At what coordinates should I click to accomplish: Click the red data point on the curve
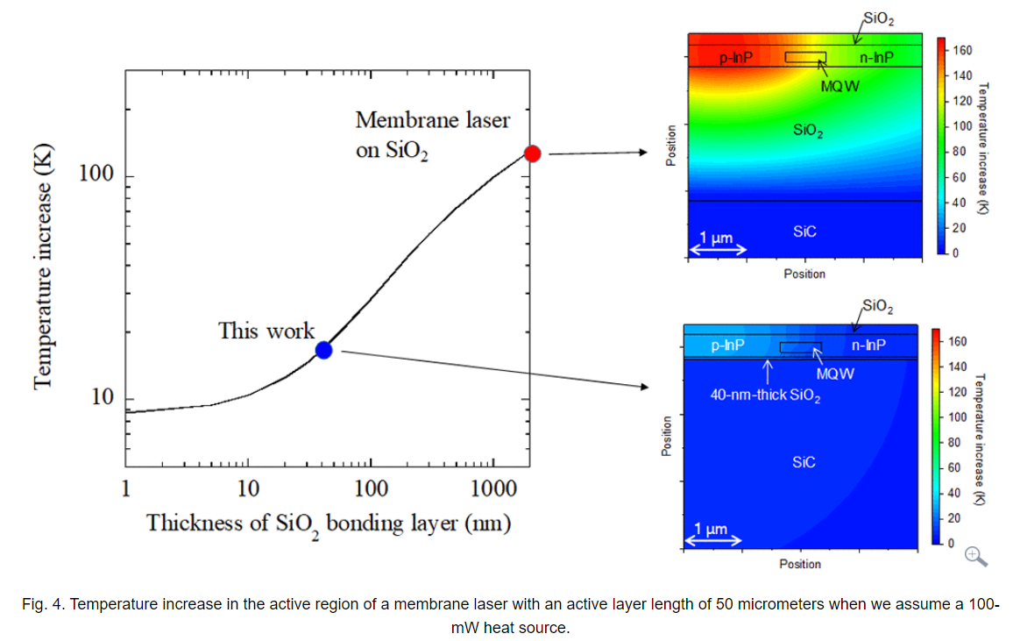(x=532, y=153)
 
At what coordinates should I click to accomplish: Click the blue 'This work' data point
(x=323, y=350)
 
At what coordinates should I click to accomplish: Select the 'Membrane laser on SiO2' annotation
(x=432, y=134)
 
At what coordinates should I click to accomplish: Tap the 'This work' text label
(x=266, y=331)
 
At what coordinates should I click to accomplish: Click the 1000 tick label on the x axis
(x=492, y=488)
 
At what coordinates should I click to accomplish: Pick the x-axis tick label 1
(x=126, y=488)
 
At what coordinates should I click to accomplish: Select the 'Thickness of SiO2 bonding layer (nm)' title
(x=329, y=524)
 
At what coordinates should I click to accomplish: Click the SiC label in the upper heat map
(x=804, y=231)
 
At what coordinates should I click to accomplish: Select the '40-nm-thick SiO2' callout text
(x=765, y=395)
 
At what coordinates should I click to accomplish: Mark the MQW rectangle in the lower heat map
(x=800, y=347)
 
